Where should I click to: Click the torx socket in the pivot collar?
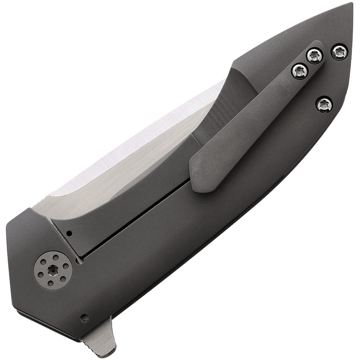pos(53,270)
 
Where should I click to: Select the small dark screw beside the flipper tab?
pos(84,318)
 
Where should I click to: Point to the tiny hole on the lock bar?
pos(69,233)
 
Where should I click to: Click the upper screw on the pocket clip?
pos(315,55)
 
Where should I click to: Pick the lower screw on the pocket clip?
pos(300,71)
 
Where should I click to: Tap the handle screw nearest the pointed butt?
pos(339,52)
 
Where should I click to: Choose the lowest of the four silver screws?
pos(324,104)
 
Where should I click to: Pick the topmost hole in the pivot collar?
pos(52,256)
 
